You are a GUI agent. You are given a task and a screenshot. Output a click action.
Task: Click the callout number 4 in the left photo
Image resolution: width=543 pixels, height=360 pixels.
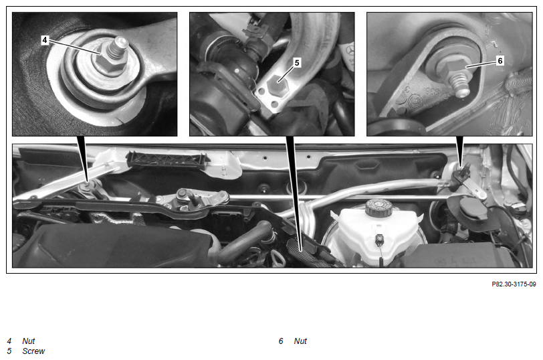pos(44,40)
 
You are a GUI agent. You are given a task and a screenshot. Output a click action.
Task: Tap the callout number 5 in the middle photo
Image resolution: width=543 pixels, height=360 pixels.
pos(296,63)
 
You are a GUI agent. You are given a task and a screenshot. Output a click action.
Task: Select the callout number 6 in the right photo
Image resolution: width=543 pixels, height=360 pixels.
pos(500,61)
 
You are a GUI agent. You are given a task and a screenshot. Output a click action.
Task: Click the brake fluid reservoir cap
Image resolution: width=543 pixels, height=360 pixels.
pos(378,207)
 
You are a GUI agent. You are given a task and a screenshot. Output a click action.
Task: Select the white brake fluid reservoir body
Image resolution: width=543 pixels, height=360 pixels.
pos(377,233)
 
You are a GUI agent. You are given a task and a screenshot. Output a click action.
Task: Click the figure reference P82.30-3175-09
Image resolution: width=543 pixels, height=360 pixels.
pos(514,284)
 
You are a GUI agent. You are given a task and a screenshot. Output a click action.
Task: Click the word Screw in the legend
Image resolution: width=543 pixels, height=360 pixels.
pos(33,351)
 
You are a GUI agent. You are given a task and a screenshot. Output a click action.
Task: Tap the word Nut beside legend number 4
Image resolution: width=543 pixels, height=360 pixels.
pos(28,341)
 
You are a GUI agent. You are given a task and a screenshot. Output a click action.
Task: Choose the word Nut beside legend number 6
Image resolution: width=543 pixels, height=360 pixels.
pos(300,341)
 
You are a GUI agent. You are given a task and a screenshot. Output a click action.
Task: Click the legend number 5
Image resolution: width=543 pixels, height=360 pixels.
pos(9,351)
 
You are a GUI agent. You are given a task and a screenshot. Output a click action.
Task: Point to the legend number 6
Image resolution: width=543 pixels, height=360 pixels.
pos(281,341)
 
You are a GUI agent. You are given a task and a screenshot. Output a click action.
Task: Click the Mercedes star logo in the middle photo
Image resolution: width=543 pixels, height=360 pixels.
pos(349,51)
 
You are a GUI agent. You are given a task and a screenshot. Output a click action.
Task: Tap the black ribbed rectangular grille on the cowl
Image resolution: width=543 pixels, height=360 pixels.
pos(168,160)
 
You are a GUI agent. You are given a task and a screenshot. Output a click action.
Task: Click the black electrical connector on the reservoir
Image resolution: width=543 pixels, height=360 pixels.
pos(381,239)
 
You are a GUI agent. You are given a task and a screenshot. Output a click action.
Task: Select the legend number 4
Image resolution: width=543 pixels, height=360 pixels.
pos(9,341)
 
